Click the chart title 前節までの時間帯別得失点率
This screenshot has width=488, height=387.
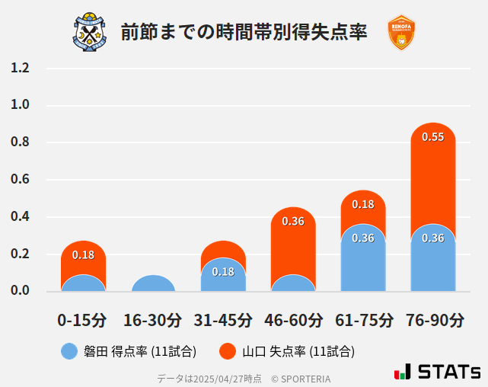click(244, 32)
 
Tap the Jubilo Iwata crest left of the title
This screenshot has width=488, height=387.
click(91, 32)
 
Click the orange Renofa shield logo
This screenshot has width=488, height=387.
click(401, 32)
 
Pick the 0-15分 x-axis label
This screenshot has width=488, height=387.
click(82, 319)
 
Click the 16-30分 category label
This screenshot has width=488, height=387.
click(153, 319)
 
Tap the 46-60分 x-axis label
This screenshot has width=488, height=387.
click(293, 319)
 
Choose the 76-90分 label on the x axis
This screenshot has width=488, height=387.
click(433, 319)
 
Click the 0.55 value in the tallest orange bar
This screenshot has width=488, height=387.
click(433, 137)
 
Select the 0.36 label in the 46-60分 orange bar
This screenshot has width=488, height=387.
click(293, 221)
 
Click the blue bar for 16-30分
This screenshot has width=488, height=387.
click(153, 283)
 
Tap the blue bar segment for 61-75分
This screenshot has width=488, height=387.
click(363, 259)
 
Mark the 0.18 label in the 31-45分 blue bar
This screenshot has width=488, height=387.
click(223, 272)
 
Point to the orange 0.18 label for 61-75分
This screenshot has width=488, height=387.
click(363, 204)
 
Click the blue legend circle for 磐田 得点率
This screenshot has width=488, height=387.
click(69, 351)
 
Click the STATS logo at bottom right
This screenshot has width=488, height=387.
click(438, 372)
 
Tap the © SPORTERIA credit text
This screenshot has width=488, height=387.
click(301, 378)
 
